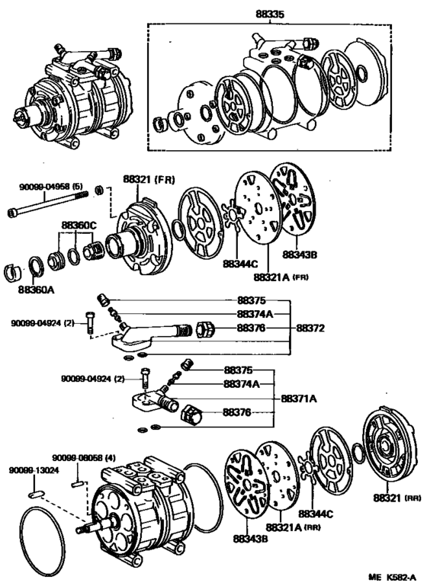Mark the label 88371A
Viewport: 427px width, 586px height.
tap(300, 399)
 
